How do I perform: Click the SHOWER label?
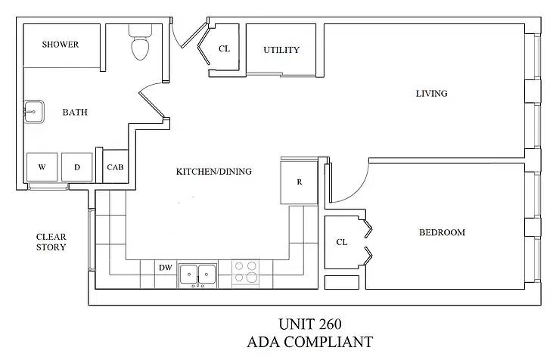(61, 45)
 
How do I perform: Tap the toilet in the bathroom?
(140, 45)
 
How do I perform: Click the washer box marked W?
(42, 167)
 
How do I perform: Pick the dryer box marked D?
(76, 167)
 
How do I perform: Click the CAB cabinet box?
(115, 167)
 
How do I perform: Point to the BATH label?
(75, 113)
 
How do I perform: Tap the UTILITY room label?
(281, 51)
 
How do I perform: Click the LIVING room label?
(432, 94)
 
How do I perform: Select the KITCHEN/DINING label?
(214, 172)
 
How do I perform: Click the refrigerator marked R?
(300, 182)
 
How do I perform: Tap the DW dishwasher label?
(165, 268)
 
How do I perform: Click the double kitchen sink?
(198, 274)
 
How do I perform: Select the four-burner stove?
(244, 272)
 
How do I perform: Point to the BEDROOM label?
(442, 232)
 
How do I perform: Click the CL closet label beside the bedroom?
(341, 242)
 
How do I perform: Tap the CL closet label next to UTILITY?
(224, 49)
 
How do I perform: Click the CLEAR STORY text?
(51, 242)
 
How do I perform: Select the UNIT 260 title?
(309, 325)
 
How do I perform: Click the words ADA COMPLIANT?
(309, 343)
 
